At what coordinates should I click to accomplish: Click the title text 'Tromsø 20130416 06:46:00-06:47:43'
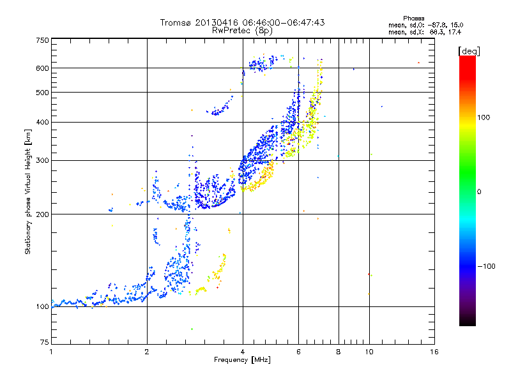click(x=242, y=22)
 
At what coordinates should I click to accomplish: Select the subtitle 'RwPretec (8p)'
click(x=242, y=30)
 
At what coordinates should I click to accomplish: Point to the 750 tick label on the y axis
click(x=42, y=40)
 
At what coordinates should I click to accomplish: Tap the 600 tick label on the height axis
click(x=42, y=68)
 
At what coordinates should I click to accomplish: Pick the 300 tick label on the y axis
click(x=42, y=160)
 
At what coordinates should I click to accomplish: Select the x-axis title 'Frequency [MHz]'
click(x=242, y=360)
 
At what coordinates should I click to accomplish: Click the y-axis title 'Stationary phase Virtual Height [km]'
click(x=28, y=191)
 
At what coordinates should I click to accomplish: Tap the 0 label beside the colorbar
click(x=480, y=191)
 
